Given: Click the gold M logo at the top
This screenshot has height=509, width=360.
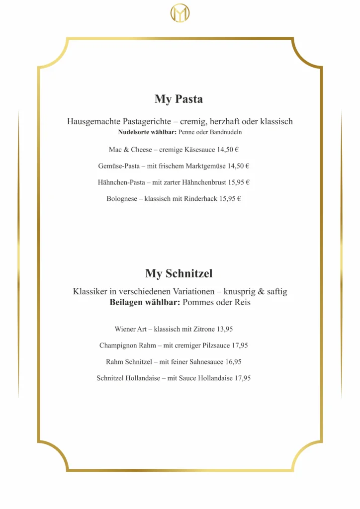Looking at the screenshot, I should pos(180,13).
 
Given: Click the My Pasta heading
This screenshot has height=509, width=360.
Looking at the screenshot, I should pos(179,99).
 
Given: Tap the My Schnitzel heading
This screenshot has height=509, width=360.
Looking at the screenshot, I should pos(179,273).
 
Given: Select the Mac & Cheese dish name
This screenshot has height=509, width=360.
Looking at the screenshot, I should pos(130,150).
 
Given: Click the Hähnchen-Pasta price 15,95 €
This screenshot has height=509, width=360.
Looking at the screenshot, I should pos(239,182).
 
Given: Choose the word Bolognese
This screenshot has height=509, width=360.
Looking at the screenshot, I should pos(121,199).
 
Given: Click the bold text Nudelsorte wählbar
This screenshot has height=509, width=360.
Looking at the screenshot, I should pos(147,133).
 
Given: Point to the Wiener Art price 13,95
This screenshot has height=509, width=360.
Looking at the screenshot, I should pos(225,329).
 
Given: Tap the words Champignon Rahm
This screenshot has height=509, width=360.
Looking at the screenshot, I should pos(127,345).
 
